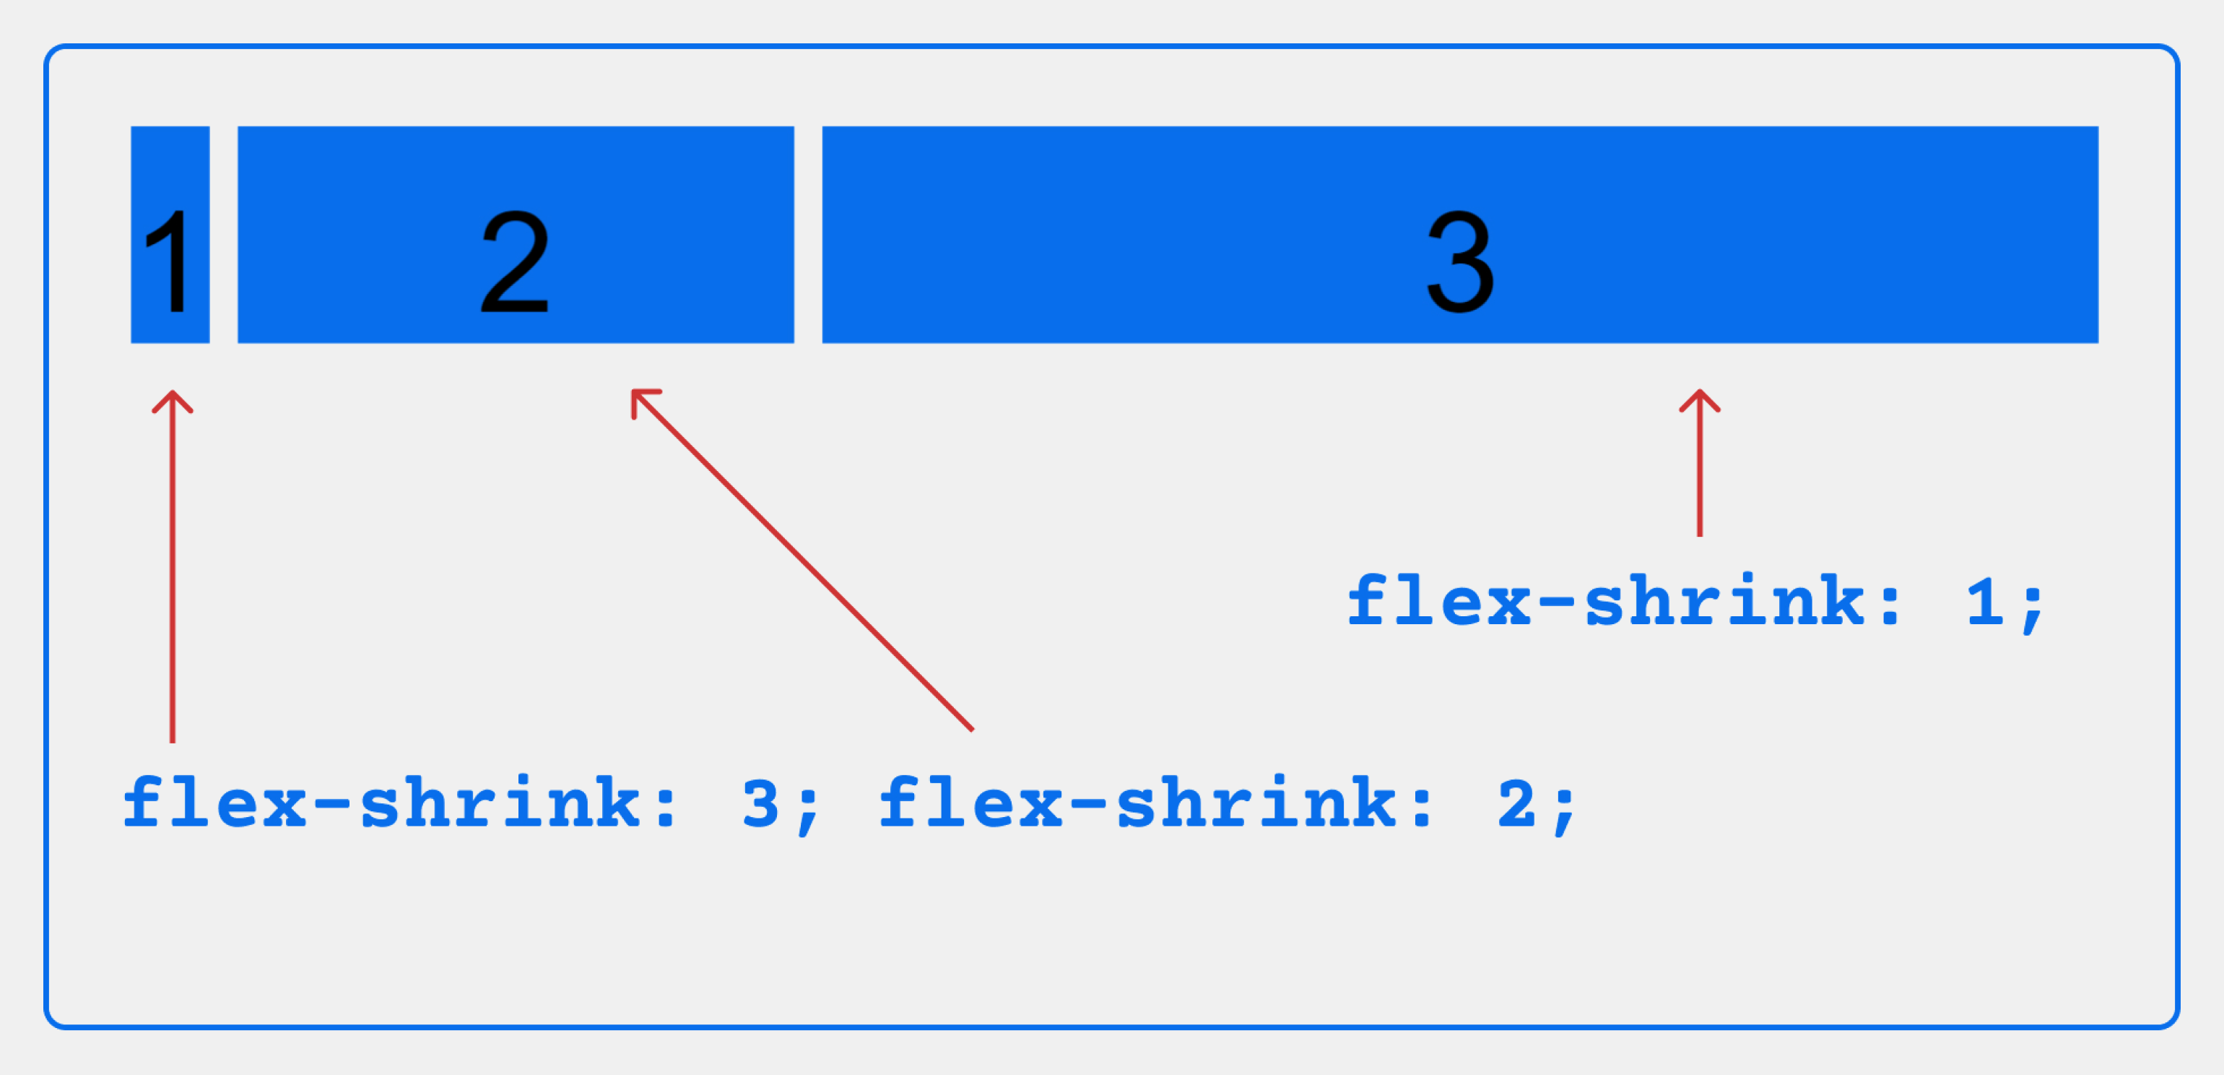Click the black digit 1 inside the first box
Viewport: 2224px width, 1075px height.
[170, 262]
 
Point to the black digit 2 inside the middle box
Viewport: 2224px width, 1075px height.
[515, 262]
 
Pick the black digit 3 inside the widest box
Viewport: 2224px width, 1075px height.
[1460, 262]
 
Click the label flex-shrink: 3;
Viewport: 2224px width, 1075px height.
[471, 804]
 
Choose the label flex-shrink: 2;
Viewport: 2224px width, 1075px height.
[1227, 804]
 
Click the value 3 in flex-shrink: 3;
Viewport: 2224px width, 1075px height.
[760, 804]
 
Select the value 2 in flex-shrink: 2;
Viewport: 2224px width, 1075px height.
[1516, 804]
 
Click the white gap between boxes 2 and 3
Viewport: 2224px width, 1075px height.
[808, 235]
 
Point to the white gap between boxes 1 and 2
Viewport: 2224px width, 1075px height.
[224, 235]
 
